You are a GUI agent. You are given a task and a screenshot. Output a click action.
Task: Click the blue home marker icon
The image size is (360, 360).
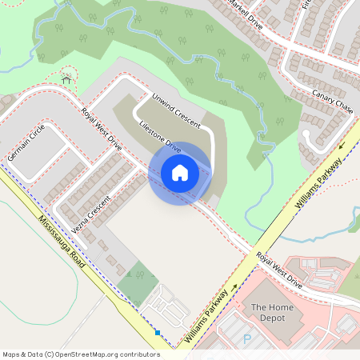pyautogui.click(x=180, y=173)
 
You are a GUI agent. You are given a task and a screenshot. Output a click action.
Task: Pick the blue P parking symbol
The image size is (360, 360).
pyautogui.click(x=247, y=339)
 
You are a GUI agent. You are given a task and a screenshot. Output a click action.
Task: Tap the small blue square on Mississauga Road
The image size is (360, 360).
pyautogui.click(x=158, y=333)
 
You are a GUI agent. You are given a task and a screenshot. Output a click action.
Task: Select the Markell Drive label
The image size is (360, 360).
pyautogui.click(x=244, y=14)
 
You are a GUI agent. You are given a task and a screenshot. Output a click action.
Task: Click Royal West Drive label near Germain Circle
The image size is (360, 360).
pyautogui.click(x=102, y=130)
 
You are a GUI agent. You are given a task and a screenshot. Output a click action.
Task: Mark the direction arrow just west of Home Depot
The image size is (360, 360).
pyautogui.click(x=234, y=286)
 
